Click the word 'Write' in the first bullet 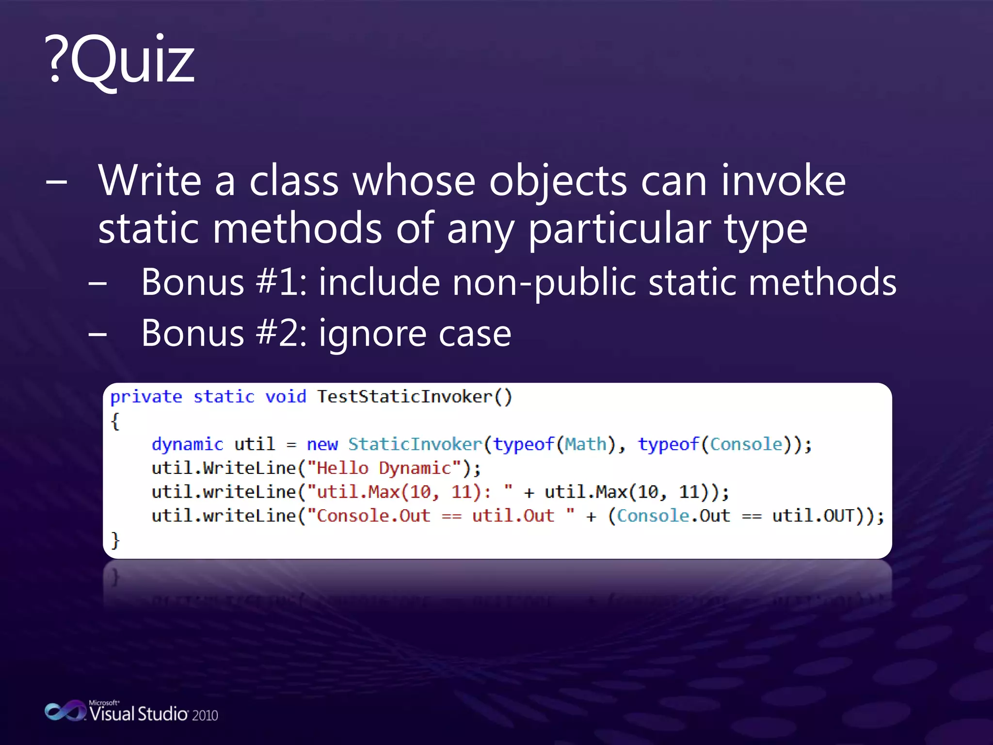149,180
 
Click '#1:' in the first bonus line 281,282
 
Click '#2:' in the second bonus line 281,334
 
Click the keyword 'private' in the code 146,397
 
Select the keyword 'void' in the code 286,397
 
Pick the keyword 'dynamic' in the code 187,444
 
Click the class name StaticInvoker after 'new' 415,444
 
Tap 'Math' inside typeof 586,444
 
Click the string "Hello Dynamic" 384,468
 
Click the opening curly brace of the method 115,421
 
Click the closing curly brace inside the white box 115,539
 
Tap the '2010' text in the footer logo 205,715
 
